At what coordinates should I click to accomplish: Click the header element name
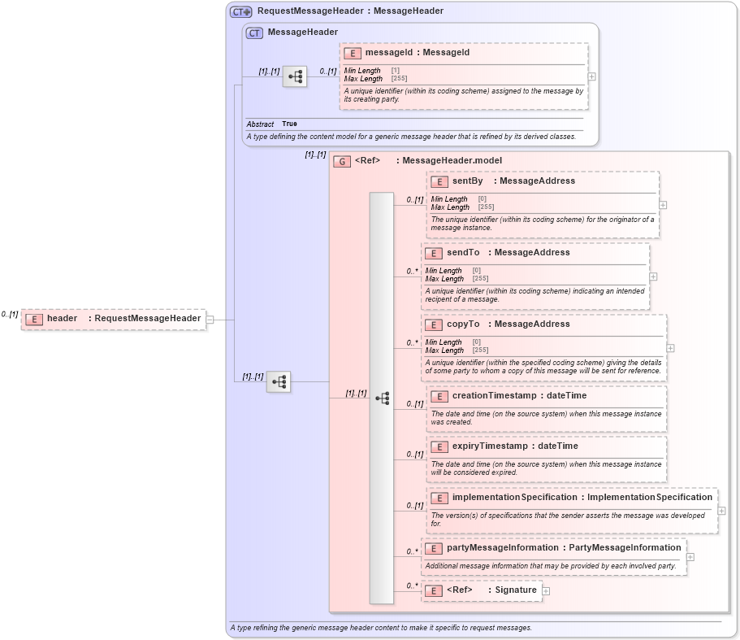click(62, 319)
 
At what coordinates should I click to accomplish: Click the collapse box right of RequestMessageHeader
click(210, 320)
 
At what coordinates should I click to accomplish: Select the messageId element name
click(388, 53)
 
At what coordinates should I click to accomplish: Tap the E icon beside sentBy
click(439, 181)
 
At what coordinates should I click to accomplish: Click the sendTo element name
click(462, 253)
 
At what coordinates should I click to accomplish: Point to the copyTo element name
click(462, 324)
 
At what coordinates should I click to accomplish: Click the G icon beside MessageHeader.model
click(343, 161)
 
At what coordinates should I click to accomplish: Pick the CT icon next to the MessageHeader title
click(254, 33)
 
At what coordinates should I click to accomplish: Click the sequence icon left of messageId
click(295, 77)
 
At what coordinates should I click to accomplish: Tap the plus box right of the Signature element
click(546, 591)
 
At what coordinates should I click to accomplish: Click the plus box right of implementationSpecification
click(721, 511)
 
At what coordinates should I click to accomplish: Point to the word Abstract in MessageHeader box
click(260, 124)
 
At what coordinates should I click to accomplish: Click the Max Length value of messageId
click(399, 79)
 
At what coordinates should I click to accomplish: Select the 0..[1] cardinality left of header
click(10, 314)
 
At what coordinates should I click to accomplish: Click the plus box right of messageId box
click(591, 76)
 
